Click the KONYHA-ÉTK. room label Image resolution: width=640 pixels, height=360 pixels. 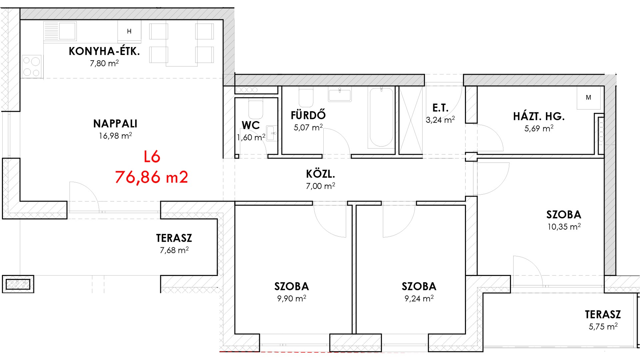pos(104,51)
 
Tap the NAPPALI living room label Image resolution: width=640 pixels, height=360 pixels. pos(115,124)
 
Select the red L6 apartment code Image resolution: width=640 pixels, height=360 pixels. pos(152,157)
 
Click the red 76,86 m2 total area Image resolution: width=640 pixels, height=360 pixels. pos(152,177)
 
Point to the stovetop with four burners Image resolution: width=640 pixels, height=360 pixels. pos(32,67)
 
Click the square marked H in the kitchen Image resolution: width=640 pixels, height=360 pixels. pos(129,31)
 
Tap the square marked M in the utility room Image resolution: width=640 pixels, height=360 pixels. pos(589,97)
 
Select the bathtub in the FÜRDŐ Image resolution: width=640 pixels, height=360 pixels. pos(381,117)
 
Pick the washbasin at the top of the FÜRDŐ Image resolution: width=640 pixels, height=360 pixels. pos(340,94)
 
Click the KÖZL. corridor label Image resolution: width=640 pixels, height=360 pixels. pos(320,174)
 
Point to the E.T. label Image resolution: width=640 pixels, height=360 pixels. pos(440,108)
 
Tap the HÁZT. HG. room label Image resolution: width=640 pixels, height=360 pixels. pos(539,116)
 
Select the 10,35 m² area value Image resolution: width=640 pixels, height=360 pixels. pos(564,227)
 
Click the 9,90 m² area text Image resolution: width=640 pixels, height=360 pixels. pos(292,298)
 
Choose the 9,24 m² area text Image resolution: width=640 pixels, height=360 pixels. pos(419,298)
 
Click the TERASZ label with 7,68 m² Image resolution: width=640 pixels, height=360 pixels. pos(174,238)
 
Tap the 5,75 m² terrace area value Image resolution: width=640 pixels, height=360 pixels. pos(603,326)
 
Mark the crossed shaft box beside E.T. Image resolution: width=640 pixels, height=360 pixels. pos(411,120)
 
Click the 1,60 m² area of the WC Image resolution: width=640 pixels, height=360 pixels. pos(251,137)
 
